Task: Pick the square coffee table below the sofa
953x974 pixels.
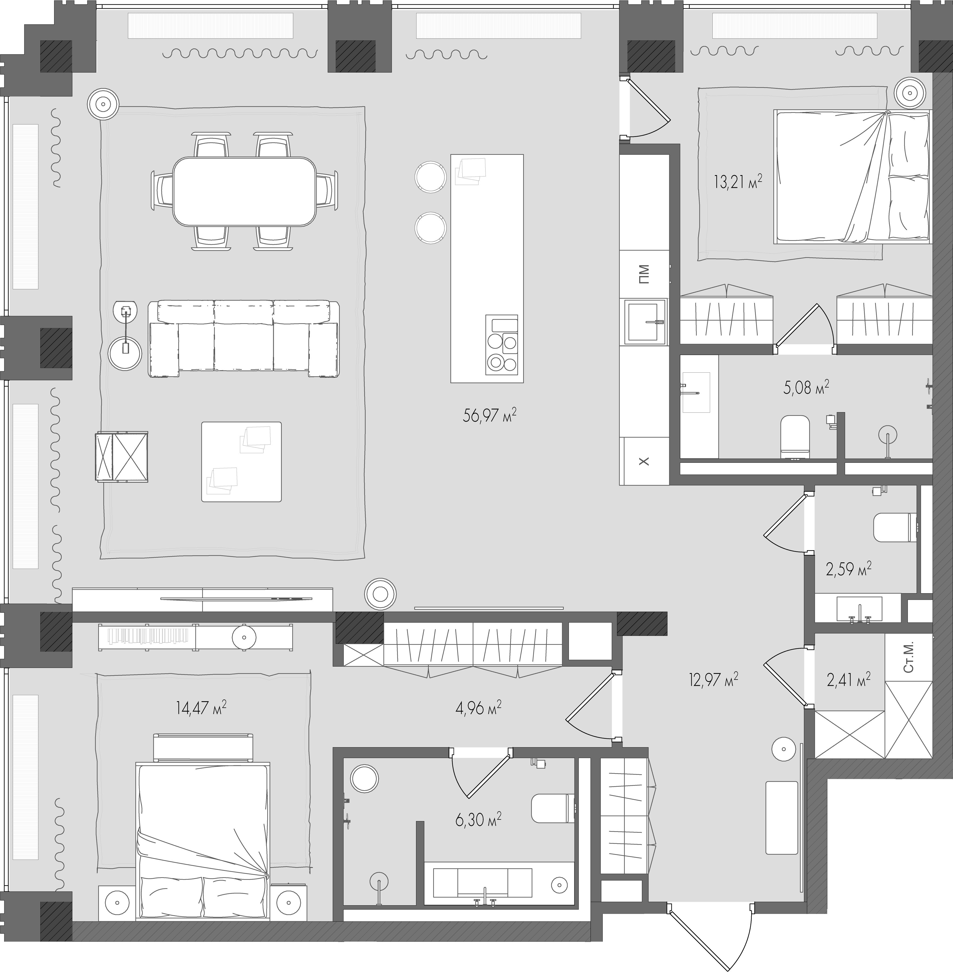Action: (x=241, y=461)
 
